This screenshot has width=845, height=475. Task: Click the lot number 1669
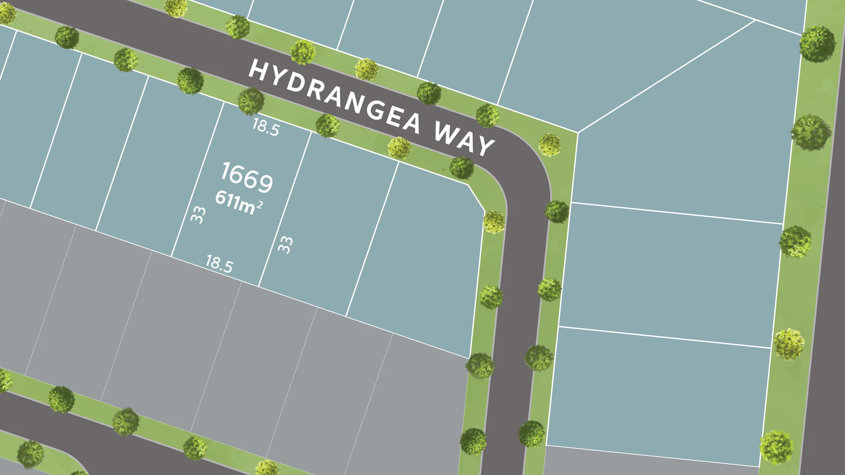[246, 177]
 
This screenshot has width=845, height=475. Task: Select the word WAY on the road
[464, 139]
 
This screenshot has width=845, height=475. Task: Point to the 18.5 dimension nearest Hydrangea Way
[265, 127]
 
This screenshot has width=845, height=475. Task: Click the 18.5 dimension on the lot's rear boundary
[219, 264]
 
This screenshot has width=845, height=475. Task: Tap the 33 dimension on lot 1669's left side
[198, 215]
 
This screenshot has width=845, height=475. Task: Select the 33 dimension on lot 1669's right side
[285, 245]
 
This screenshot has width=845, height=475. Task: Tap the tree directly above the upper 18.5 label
[251, 101]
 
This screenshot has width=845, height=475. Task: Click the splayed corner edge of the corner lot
[476, 198]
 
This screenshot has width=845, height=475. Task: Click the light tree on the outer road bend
[549, 145]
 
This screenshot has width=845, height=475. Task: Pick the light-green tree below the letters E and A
[399, 148]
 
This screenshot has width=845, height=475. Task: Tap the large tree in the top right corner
[817, 44]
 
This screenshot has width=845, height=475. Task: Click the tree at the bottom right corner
[777, 447]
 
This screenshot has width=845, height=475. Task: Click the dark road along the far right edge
[827, 308]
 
